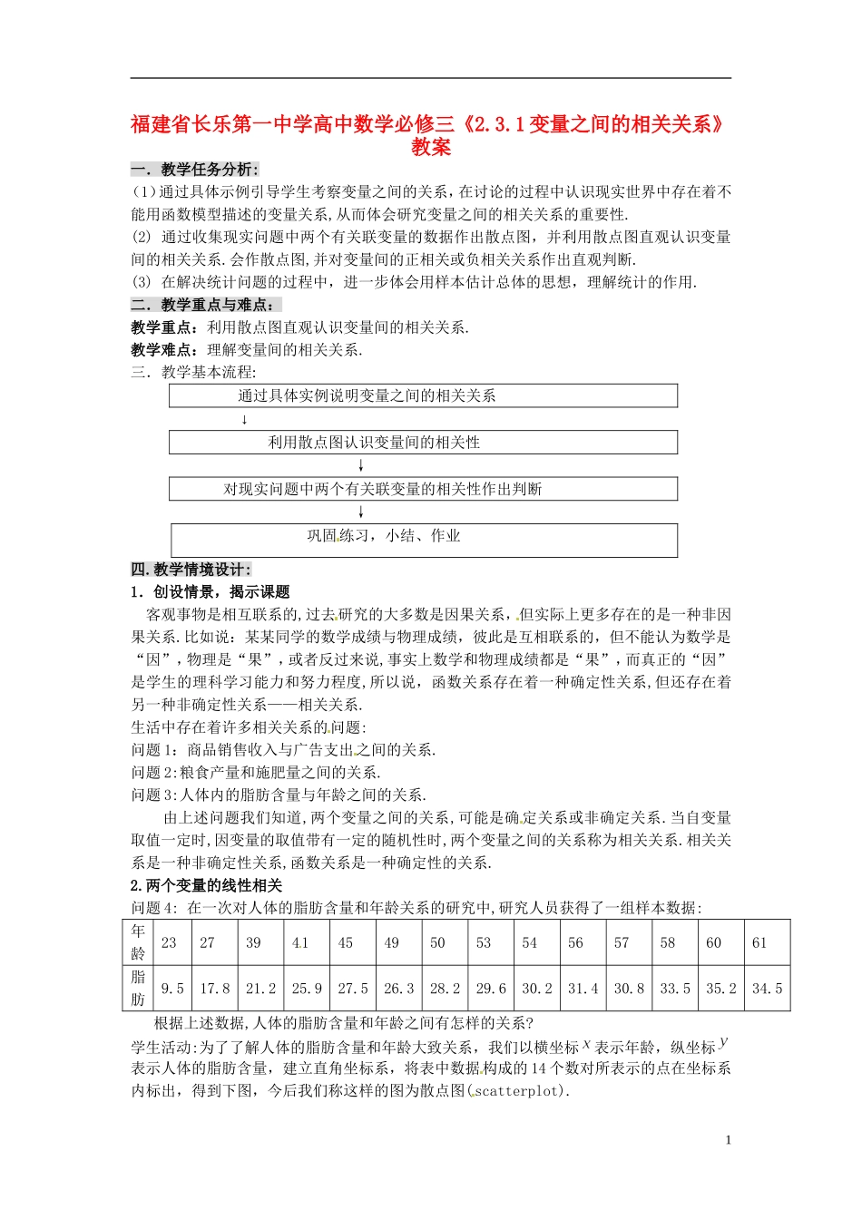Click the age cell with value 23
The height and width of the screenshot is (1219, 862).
[x=169, y=942]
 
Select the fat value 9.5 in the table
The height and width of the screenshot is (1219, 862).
[x=171, y=989]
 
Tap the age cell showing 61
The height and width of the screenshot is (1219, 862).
[x=759, y=942]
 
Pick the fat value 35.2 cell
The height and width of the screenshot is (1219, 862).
[x=721, y=989]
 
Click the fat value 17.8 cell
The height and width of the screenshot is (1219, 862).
[x=215, y=989]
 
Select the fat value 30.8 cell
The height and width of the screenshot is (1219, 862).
[x=629, y=989]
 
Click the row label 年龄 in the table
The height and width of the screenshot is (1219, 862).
[x=138, y=942]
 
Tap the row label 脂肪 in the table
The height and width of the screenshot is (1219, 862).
[x=138, y=989]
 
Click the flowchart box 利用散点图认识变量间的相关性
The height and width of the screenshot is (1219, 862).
[x=423, y=443]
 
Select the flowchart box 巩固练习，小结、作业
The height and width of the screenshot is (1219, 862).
[x=423, y=539]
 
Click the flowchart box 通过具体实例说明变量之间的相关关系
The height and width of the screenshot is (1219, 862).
[x=423, y=395]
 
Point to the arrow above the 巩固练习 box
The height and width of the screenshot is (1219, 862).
[x=361, y=512]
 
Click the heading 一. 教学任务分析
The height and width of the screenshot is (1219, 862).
[x=194, y=169]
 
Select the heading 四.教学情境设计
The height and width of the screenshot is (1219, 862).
[x=191, y=570]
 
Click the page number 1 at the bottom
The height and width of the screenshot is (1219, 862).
[x=728, y=1140]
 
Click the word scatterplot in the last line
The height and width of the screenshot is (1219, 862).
[x=517, y=1091]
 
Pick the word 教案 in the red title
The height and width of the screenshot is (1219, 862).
[x=430, y=148]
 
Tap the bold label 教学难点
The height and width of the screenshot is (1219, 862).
[x=164, y=350]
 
